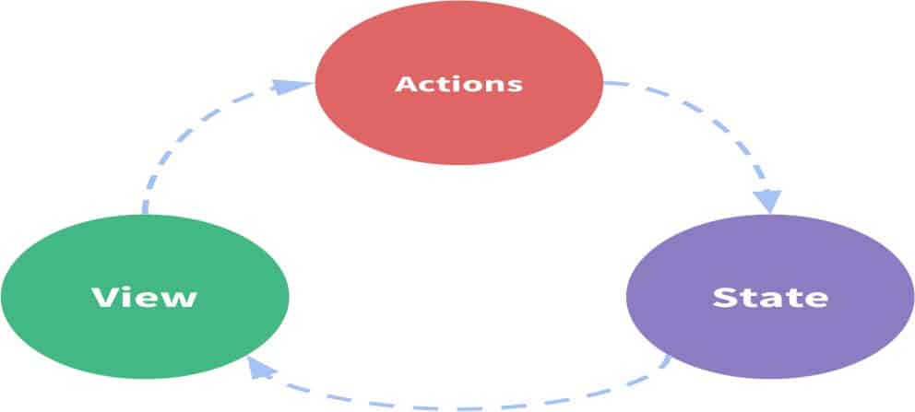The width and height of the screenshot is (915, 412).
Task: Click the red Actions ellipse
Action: point(458,83)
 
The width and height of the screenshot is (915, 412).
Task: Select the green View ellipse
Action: point(145,297)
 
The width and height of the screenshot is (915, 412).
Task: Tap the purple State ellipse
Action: point(770,297)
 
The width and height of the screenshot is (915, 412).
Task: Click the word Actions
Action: point(458,84)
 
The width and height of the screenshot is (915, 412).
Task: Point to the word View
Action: point(145,297)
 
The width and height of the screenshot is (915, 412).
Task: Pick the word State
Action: point(770,297)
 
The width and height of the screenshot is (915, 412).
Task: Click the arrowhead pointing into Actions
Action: point(291,87)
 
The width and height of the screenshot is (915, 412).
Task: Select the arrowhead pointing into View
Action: point(260,368)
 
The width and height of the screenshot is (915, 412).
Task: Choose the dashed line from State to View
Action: point(461,406)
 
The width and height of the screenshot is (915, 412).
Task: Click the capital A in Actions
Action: point(406,84)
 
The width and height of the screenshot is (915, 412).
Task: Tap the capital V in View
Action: point(104,297)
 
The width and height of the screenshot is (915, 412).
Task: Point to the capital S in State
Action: point(723,297)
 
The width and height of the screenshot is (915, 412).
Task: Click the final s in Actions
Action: point(515,87)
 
